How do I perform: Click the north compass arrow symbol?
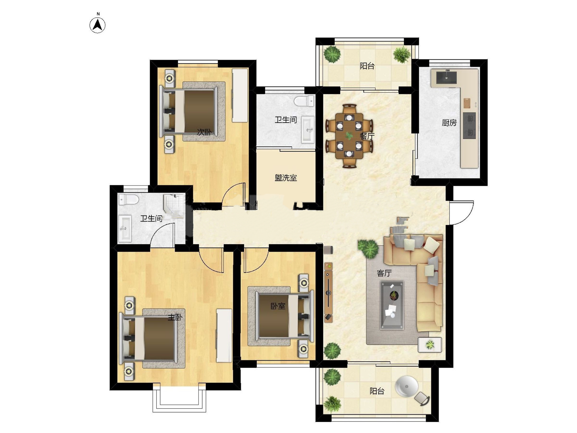pos(98,25)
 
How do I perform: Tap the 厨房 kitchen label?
pos(449,123)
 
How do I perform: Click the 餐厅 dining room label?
pos(367,136)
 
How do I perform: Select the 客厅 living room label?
pos(384,273)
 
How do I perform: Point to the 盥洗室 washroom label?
pos(286,178)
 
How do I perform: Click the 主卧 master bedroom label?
pos(175,318)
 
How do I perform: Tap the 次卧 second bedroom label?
pos(204,132)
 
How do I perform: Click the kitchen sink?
pos(446,77)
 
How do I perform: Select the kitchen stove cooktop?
pos(469,126)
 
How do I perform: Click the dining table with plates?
pos(349,136)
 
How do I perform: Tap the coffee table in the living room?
pos(392,305)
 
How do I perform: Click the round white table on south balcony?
pos(406,386)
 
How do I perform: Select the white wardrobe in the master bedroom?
pos(224,336)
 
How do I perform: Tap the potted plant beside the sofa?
pos(368,249)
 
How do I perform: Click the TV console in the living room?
pos(329,292)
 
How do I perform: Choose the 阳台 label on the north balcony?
pos(367,66)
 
